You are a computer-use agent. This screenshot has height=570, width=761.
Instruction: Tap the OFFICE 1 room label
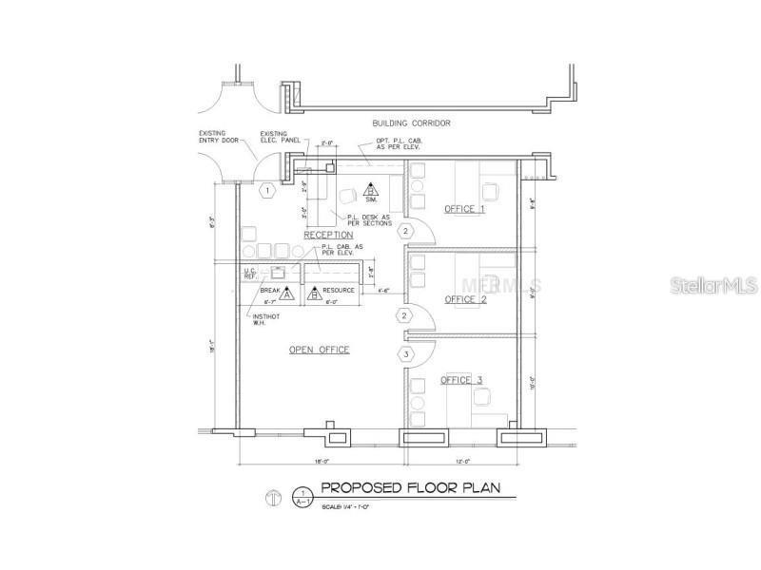(x=464, y=208)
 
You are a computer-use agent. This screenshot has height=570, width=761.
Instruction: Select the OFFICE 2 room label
(x=465, y=299)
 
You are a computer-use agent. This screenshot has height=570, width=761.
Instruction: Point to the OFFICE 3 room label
(x=461, y=380)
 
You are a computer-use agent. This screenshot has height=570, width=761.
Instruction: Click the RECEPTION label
(x=328, y=234)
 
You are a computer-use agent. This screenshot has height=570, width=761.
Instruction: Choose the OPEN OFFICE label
(x=319, y=350)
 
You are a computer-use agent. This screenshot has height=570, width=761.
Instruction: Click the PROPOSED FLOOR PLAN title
(x=417, y=488)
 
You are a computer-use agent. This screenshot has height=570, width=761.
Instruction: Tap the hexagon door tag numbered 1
(x=268, y=191)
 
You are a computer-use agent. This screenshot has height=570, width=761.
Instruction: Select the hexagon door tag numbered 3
(x=406, y=355)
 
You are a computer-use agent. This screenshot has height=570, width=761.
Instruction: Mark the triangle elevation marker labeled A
(x=286, y=295)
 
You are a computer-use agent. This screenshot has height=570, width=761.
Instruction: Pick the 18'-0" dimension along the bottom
(x=321, y=462)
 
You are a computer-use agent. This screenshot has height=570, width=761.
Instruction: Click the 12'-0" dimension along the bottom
(x=463, y=462)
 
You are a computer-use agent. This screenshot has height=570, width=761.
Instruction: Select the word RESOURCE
(x=339, y=290)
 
